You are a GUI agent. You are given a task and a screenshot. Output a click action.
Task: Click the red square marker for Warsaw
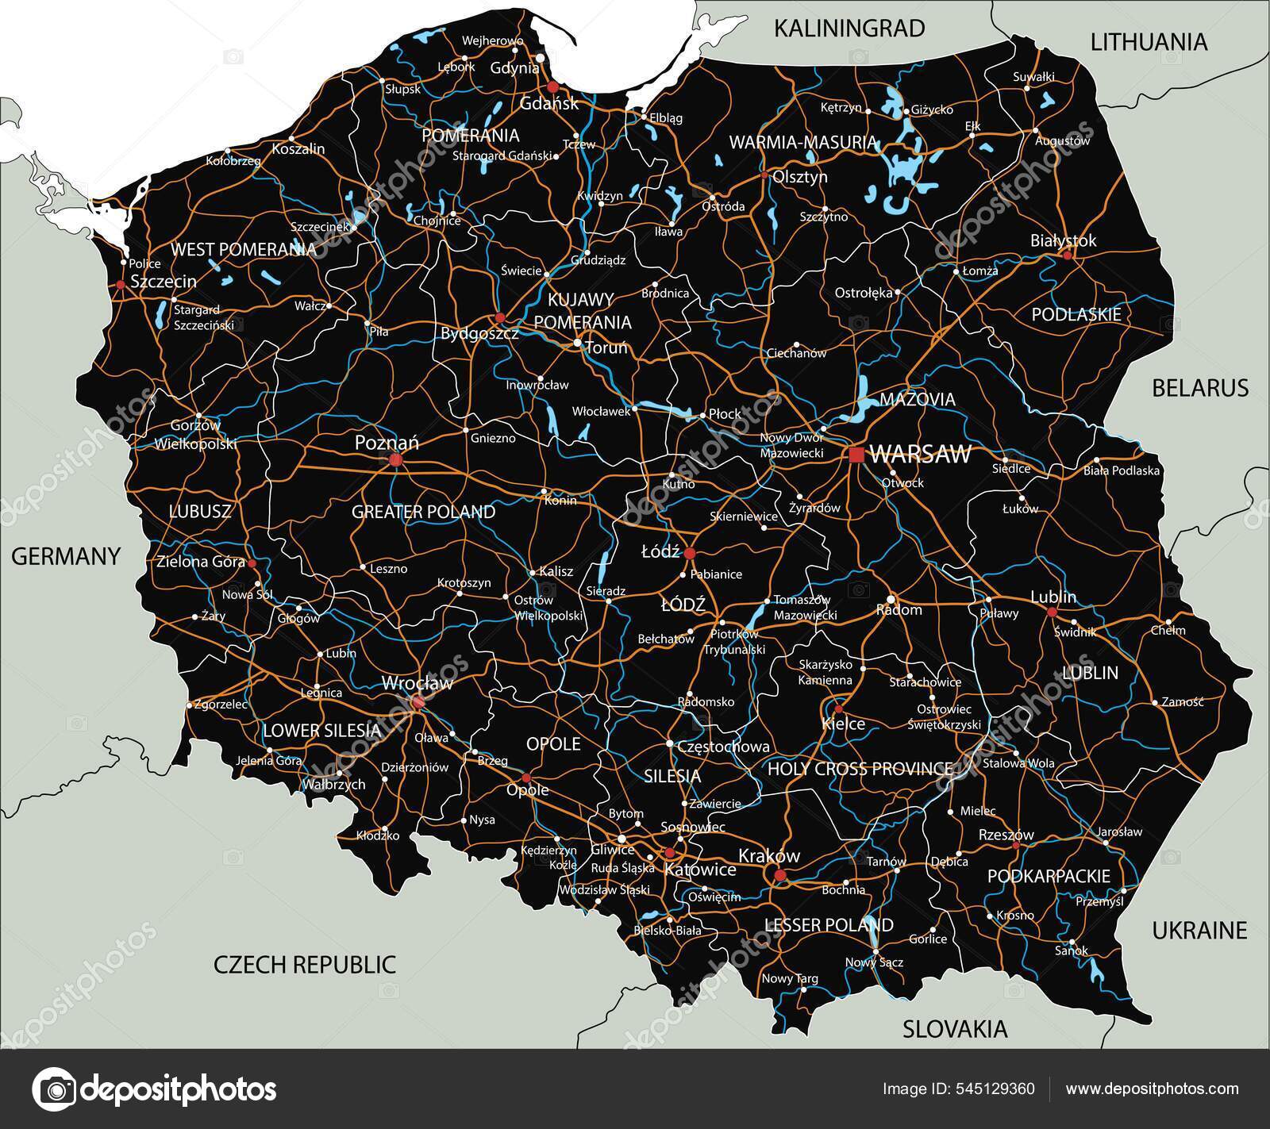(x=856, y=455)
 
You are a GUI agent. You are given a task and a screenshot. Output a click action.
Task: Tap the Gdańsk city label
(x=548, y=103)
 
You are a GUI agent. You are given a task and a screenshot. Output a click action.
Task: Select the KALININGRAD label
(x=849, y=29)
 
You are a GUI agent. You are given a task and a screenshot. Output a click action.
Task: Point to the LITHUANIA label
(x=1149, y=42)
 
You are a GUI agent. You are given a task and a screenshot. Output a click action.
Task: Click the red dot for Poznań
(x=396, y=459)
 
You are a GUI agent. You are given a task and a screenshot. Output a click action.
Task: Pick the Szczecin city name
(x=164, y=281)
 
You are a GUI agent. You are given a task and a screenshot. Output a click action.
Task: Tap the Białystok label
(x=1063, y=240)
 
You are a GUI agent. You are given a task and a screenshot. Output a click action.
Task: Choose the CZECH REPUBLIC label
(x=305, y=965)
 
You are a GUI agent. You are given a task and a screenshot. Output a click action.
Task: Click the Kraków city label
(x=768, y=856)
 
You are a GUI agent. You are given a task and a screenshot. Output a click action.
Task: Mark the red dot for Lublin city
(x=1052, y=613)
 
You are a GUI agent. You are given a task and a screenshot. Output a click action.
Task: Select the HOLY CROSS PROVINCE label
(x=860, y=769)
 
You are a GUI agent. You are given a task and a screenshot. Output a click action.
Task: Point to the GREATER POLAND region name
(x=423, y=512)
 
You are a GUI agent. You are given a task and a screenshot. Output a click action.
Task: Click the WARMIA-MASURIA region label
(x=802, y=143)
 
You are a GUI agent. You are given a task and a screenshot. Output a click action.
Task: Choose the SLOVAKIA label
(x=955, y=1029)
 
